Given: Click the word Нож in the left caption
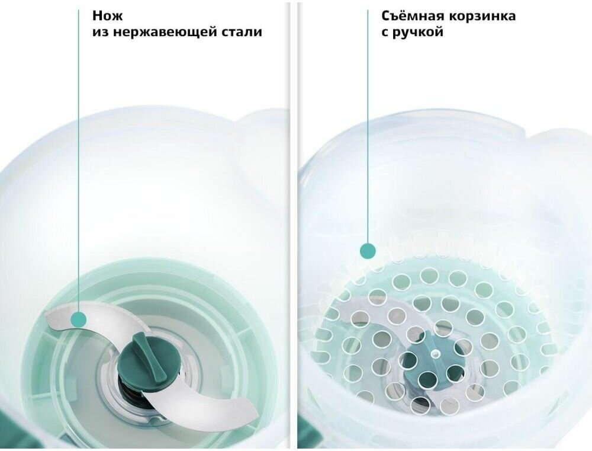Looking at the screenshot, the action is (x=108, y=16).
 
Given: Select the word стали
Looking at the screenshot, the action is (x=241, y=32).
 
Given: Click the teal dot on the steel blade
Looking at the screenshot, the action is (x=79, y=320).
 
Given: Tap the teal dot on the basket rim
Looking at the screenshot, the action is (x=368, y=251).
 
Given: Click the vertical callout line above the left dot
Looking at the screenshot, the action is (x=79, y=161).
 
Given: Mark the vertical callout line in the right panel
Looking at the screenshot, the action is (x=368, y=126).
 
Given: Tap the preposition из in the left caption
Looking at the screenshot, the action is (x=101, y=32).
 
